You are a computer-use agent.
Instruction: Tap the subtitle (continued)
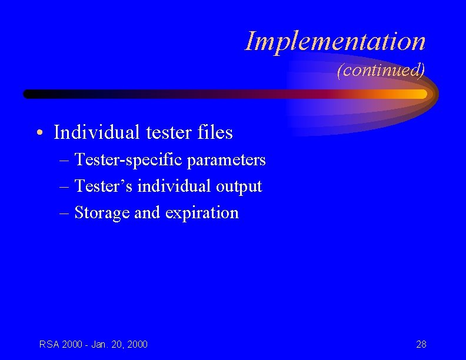pos(381,71)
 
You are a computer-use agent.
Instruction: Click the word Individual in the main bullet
pos(94,133)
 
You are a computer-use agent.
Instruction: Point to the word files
pos(214,133)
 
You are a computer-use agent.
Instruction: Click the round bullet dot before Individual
pos(38,134)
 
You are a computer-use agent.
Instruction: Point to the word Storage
pos(102,213)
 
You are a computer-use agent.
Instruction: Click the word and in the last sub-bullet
pos(147,213)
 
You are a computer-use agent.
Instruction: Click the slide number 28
pos(421,344)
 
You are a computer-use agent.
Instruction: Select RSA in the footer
pos(49,344)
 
